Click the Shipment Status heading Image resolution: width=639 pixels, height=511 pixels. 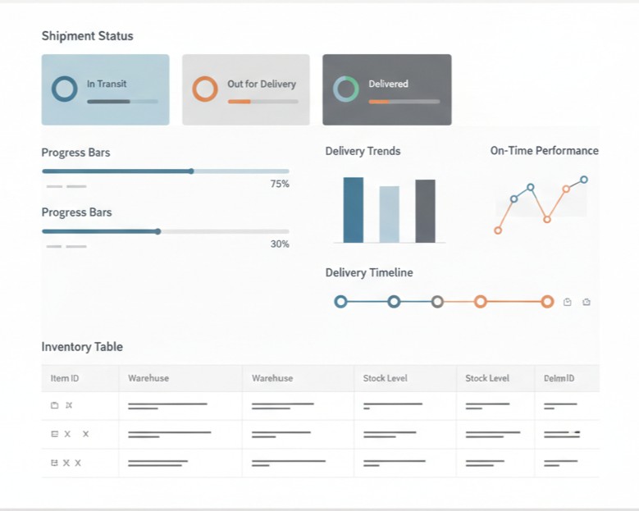pyautogui.click(x=87, y=36)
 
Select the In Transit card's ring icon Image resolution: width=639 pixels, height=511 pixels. pyautogui.click(x=64, y=89)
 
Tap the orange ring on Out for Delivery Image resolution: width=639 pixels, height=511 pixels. pyautogui.click(x=204, y=89)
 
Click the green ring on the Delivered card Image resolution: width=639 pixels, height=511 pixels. pyautogui.click(x=345, y=89)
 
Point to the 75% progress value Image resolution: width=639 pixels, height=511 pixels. pyautogui.click(x=280, y=185)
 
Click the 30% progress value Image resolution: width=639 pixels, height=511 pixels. pyautogui.click(x=280, y=244)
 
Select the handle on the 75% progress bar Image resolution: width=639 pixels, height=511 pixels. pyautogui.click(x=191, y=171)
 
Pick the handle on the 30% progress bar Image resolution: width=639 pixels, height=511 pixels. pyautogui.click(x=158, y=231)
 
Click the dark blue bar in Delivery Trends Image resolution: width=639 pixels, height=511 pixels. pyautogui.click(x=353, y=210)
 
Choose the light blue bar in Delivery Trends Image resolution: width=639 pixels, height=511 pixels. pyautogui.click(x=389, y=214)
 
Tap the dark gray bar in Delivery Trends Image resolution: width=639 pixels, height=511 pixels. pyautogui.click(x=425, y=211)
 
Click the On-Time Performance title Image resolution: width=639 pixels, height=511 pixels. pyautogui.click(x=544, y=151)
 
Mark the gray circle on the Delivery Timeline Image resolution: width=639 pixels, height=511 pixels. pyautogui.click(x=437, y=302)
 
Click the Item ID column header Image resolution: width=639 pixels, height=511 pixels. pyautogui.click(x=65, y=378)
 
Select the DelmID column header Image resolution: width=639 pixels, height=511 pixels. pyautogui.click(x=559, y=378)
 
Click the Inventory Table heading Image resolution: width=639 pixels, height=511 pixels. pyautogui.click(x=82, y=347)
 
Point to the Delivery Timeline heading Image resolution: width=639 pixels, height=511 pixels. pyautogui.click(x=368, y=272)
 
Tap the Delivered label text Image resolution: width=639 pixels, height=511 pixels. pyautogui.click(x=388, y=84)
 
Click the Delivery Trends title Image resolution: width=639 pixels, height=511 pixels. pyautogui.click(x=363, y=151)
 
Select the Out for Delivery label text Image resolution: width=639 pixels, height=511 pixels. pyautogui.click(x=262, y=84)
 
